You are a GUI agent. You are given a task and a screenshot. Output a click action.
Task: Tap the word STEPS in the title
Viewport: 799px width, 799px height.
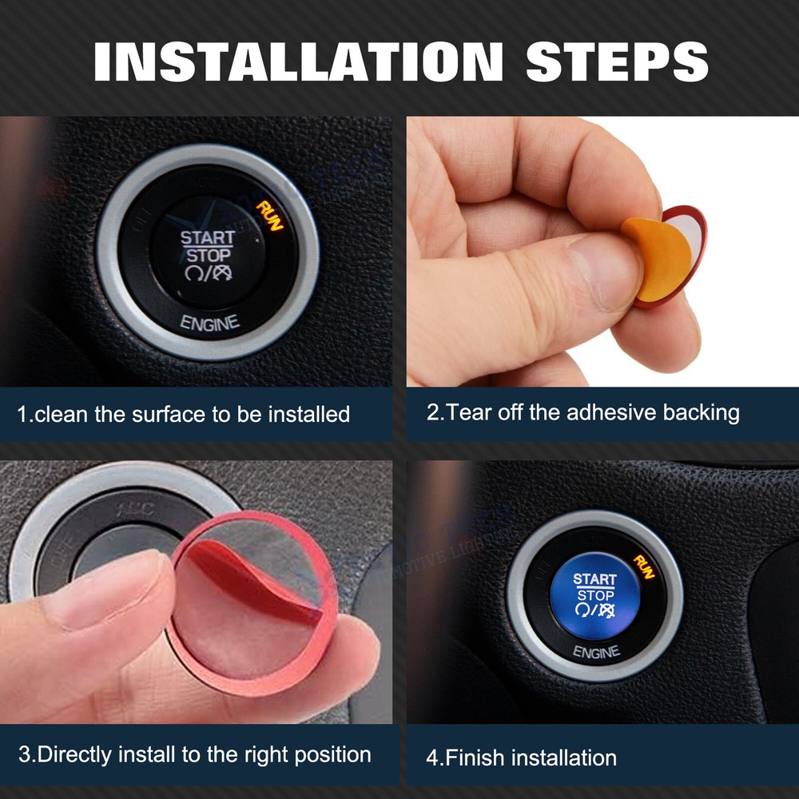[x=617, y=61]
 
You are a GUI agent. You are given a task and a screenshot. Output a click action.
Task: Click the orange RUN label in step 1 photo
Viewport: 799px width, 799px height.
[x=269, y=214]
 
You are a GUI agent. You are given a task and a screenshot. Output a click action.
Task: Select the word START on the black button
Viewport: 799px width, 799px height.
[x=207, y=237]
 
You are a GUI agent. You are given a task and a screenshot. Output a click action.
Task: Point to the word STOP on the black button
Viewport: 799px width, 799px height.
[x=208, y=256]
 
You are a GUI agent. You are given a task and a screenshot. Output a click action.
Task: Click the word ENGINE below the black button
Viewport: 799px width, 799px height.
[x=209, y=324]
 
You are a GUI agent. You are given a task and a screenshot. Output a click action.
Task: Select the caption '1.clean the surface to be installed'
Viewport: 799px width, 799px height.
[x=184, y=414]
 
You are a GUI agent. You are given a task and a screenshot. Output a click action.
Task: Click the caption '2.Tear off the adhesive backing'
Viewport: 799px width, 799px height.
[x=582, y=413]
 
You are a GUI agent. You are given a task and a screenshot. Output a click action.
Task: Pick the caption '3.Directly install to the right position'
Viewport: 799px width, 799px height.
[x=194, y=753]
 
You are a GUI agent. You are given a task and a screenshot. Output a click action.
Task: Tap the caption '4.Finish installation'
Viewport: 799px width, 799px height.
[x=521, y=757]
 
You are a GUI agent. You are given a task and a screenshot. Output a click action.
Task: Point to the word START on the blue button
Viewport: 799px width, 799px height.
[x=594, y=578]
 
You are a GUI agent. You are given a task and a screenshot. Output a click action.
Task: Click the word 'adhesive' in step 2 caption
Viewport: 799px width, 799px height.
[x=611, y=413]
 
